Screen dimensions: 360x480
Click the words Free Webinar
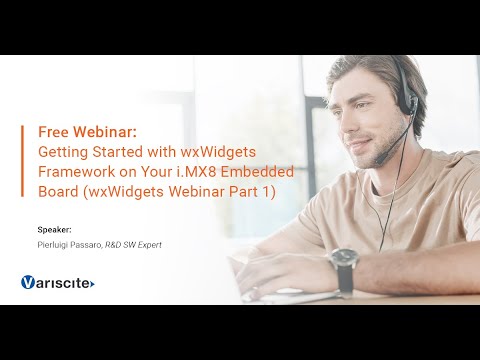(80, 131)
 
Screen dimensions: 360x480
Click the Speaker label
(54, 229)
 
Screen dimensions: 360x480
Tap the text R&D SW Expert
(134, 243)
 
